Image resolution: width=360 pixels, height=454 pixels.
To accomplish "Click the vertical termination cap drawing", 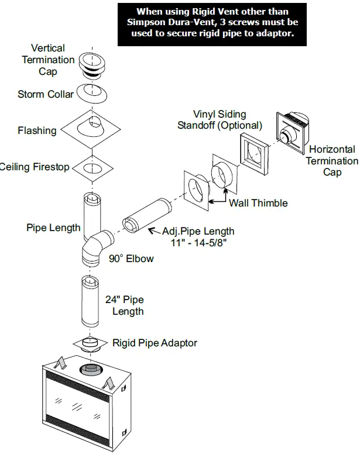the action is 92,66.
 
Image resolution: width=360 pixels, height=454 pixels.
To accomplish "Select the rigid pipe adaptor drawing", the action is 91,344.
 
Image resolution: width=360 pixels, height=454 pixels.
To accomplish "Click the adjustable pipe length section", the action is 147,216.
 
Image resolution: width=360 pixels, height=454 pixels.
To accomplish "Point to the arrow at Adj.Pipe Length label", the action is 155,231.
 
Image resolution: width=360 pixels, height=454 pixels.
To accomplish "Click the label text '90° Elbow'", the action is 131,259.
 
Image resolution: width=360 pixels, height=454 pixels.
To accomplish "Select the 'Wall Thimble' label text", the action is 258,203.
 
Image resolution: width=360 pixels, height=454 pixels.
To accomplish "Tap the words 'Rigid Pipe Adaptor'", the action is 155,343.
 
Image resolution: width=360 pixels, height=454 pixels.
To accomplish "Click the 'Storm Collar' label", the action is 46,94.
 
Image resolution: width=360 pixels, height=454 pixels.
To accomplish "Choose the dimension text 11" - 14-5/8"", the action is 198,242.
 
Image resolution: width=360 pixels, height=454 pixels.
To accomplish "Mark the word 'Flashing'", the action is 37,130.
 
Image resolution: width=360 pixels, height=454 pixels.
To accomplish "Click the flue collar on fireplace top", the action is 91,370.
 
